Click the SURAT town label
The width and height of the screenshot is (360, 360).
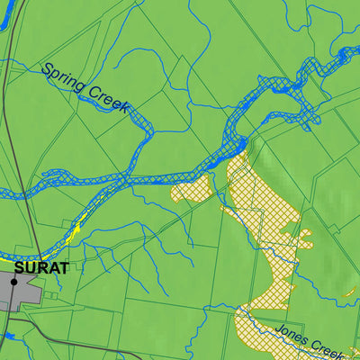pos(41,267)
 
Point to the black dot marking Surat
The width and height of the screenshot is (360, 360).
pos(13,282)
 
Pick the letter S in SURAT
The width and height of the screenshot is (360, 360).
pos(19,267)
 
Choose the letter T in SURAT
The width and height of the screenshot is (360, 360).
pos(64,267)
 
